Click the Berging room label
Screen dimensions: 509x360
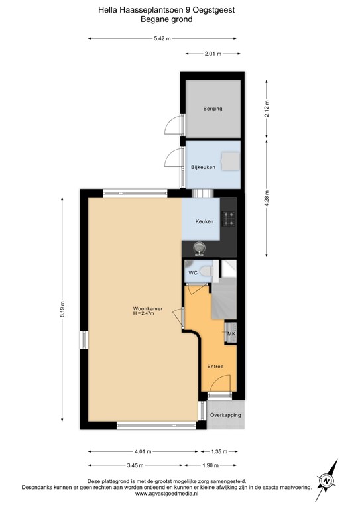pos(212,109)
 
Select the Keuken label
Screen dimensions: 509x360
pos(204,221)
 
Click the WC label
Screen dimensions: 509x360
pos(192,272)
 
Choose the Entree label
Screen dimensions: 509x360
pos(215,367)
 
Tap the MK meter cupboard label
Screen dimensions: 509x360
pos(231,334)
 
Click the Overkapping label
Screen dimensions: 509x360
pos(225,415)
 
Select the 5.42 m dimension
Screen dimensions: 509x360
pos(162,38)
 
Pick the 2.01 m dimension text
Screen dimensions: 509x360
pos(212,53)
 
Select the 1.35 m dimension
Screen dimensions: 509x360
pos(218,452)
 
